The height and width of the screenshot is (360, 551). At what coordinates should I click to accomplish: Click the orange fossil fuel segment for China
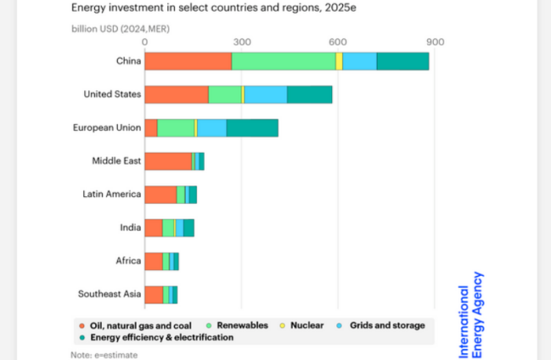click(188, 61)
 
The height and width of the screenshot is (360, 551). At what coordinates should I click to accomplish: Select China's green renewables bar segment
click(283, 61)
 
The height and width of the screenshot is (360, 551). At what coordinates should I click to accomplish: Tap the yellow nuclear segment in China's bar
click(339, 61)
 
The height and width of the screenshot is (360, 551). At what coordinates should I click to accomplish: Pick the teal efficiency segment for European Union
click(252, 128)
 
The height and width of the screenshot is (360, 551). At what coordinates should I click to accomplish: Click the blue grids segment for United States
click(265, 94)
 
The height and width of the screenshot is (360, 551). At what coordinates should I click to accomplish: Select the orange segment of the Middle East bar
click(168, 161)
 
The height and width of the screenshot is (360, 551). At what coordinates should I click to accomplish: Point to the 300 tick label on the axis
click(242, 42)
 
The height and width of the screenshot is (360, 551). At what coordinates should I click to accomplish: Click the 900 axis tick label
click(435, 42)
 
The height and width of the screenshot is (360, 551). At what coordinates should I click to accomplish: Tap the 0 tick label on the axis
click(145, 42)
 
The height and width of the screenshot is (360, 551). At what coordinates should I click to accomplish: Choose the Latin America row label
click(112, 194)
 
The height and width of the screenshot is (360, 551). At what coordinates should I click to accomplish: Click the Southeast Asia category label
click(110, 294)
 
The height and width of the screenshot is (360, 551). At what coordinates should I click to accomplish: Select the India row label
click(130, 227)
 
